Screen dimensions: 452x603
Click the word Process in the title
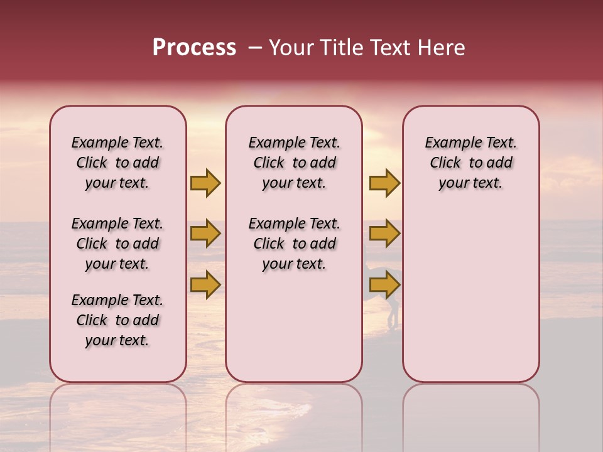(194, 48)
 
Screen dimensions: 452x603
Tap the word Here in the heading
(442, 48)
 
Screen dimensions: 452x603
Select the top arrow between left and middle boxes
(205, 183)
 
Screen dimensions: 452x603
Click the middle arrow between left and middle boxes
(205, 234)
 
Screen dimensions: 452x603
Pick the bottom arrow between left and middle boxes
(205, 284)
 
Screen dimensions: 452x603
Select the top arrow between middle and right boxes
(384, 183)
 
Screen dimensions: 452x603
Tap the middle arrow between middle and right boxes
(384, 234)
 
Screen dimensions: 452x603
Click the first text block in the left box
(117, 163)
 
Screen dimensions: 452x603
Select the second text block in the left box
(117, 244)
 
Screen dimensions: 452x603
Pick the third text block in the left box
(117, 320)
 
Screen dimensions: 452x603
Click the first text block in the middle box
(294, 163)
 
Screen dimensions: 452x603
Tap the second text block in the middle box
(294, 244)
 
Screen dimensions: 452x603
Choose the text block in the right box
(470, 163)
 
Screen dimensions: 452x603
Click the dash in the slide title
(254, 48)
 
